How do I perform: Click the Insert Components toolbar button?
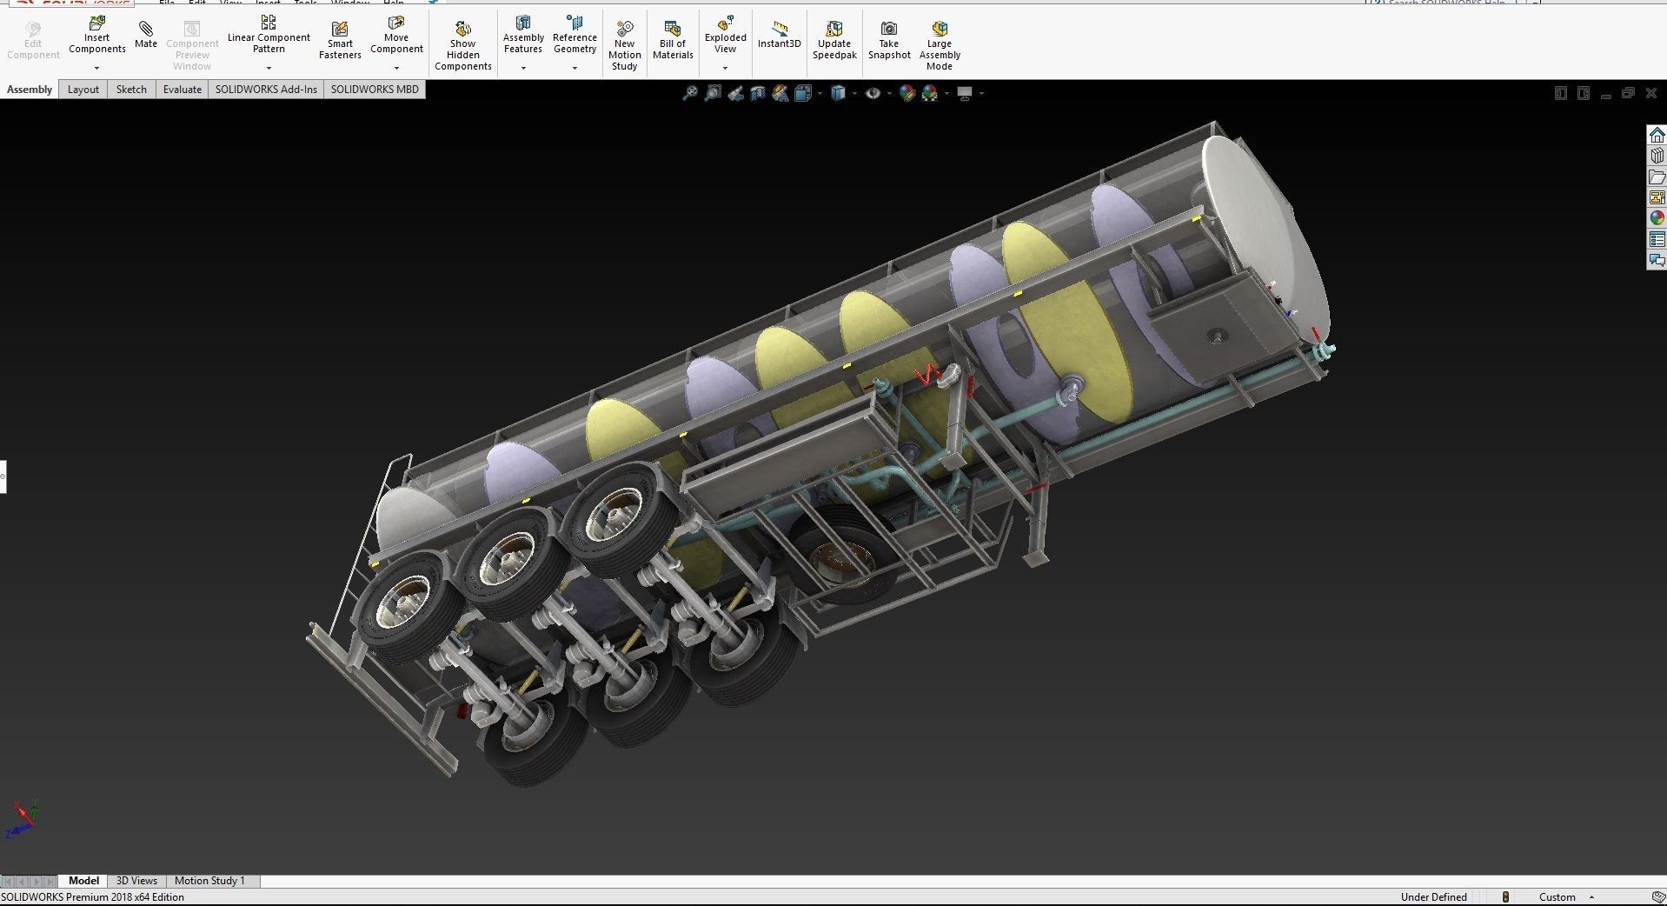coord(96,37)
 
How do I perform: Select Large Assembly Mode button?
coord(939,45)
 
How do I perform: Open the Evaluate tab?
coord(182,90)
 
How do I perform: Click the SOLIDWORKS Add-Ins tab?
coord(266,90)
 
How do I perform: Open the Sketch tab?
coord(131,90)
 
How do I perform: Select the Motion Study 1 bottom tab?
coord(209,881)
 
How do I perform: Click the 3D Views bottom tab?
coord(136,881)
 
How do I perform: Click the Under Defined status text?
coord(1433,897)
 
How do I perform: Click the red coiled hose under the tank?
coord(928,375)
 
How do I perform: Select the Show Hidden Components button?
coord(462,45)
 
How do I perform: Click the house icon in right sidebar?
coord(1657,136)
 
